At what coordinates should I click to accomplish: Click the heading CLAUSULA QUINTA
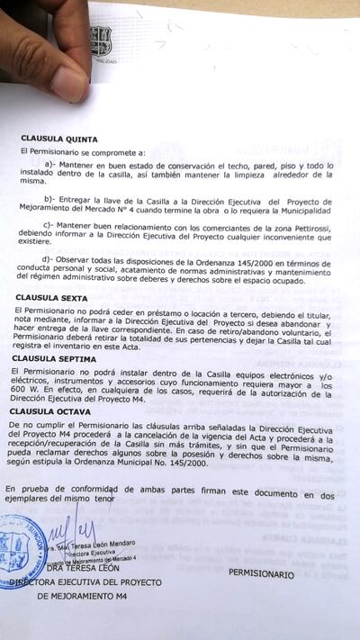click(55, 139)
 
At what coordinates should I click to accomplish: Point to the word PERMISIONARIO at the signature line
click(261, 572)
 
